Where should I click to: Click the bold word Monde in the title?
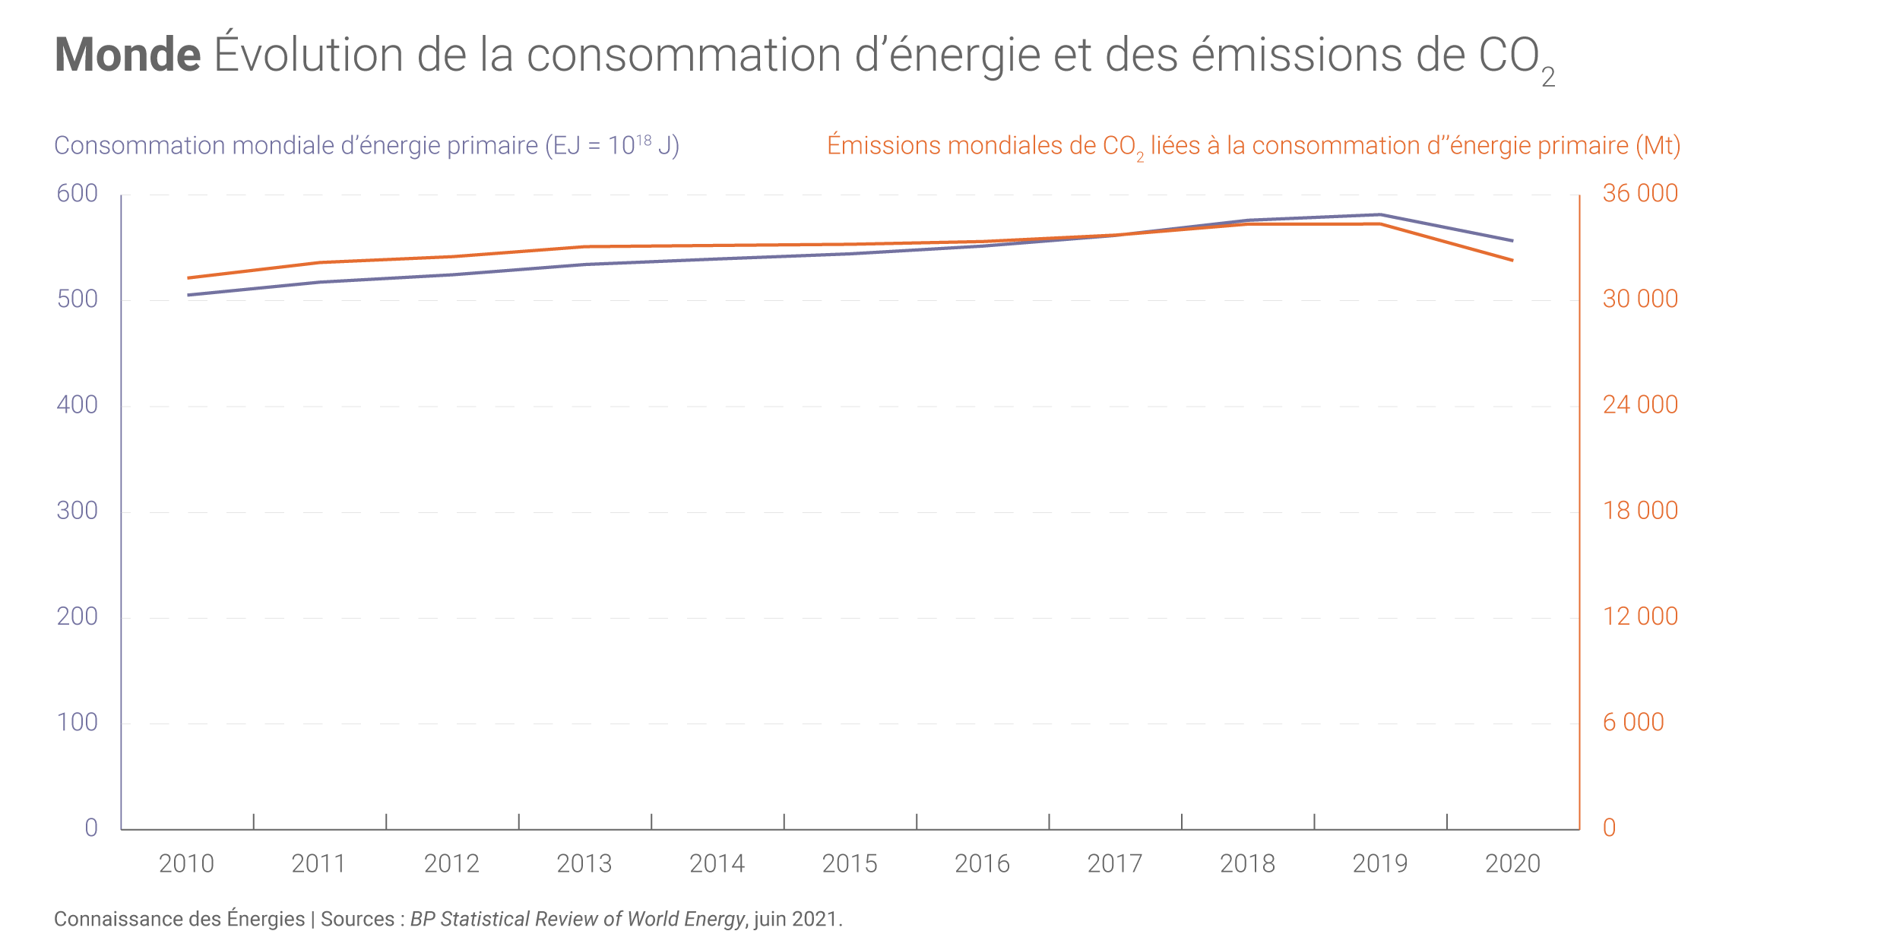pyautogui.click(x=128, y=55)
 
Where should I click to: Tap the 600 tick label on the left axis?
pyautogui.click(x=78, y=194)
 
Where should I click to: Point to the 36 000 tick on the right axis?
pyautogui.click(x=1640, y=194)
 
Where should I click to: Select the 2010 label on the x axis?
pyautogui.click(x=186, y=864)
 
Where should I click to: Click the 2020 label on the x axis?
pyautogui.click(x=1512, y=864)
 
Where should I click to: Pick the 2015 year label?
pyautogui.click(x=850, y=864)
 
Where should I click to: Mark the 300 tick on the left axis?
pyautogui.click(x=78, y=511)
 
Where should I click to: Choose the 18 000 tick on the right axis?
pyautogui.click(x=1640, y=511)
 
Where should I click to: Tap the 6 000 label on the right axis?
pyautogui.click(x=1633, y=722)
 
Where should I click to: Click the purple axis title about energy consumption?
pyautogui.click(x=366, y=145)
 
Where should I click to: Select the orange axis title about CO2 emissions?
pyautogui.click(x=1253, y=145)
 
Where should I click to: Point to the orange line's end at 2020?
pyautogui.click(x=1512, y=260)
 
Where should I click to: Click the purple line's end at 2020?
pyautogui.click(x=1512, y=241)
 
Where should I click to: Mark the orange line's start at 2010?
pyautogui.click(x=188, y=278)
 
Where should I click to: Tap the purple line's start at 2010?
pyautogui.click(x=188, y=295)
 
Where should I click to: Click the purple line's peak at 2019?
pyautogui.click(x=1380, y=215)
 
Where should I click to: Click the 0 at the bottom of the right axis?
pyautogui.click(x=1609, y=828)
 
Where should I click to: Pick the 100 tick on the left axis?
pyautogui.click(x=78, y=722)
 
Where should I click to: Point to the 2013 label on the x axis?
pyautogui.click(x=584, y=864)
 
